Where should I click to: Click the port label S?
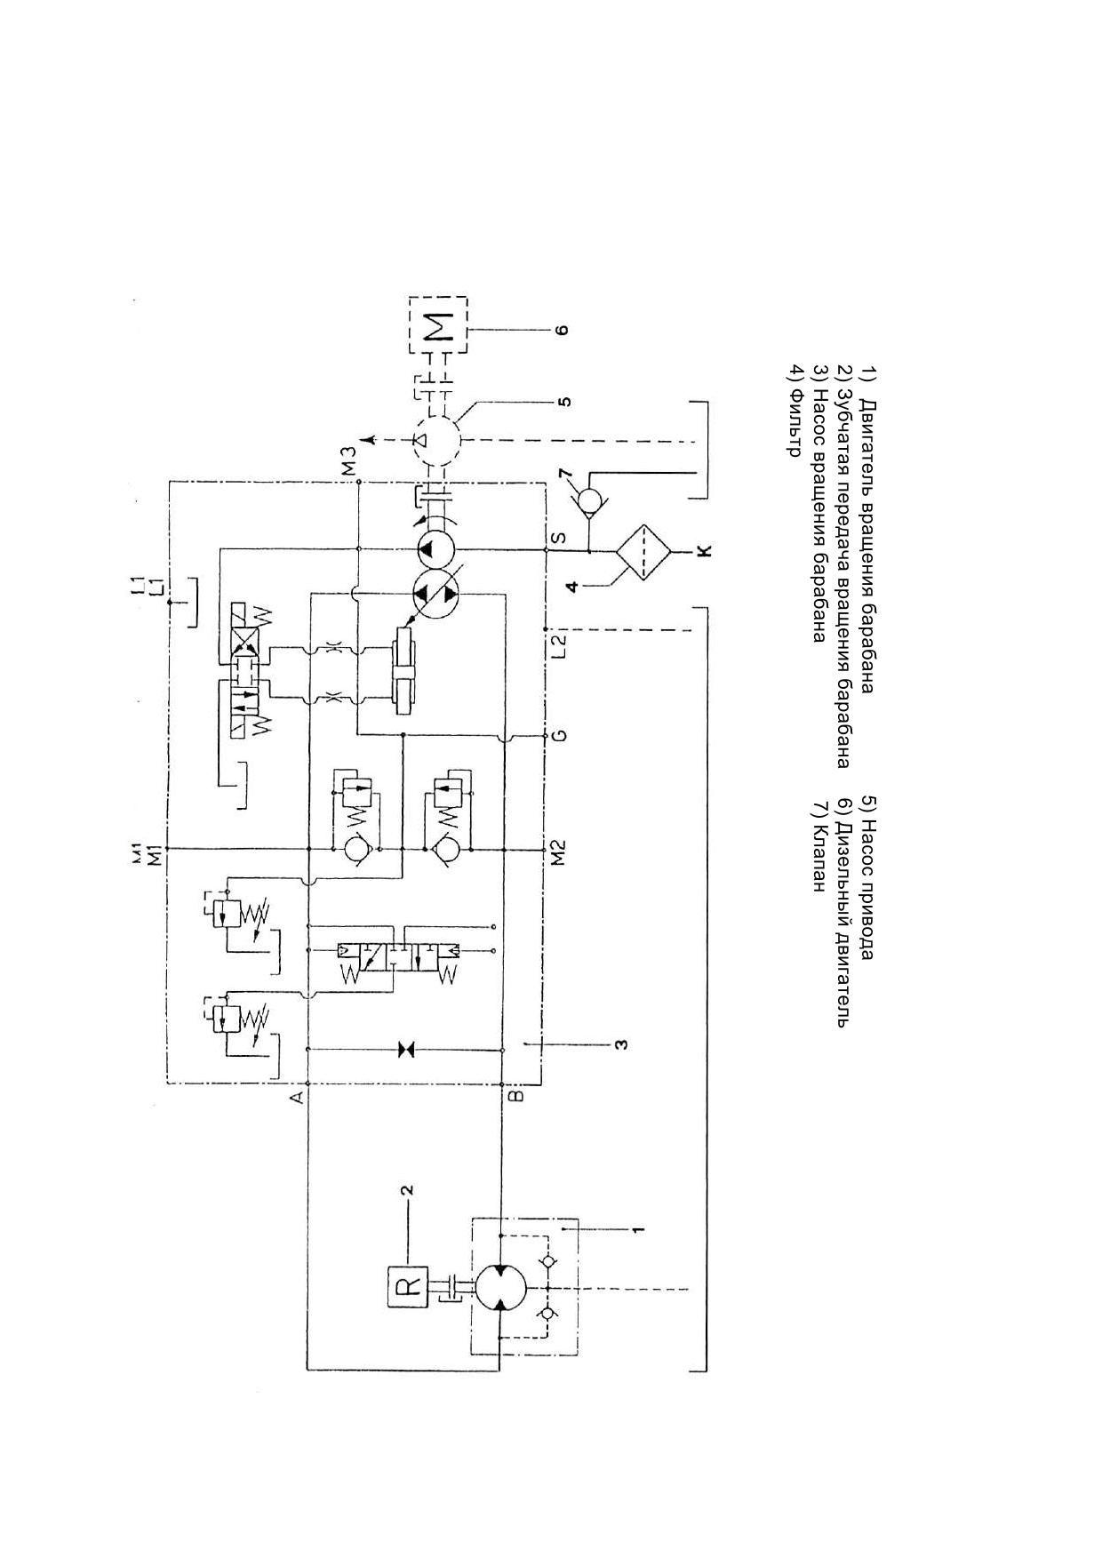tap(558, 539)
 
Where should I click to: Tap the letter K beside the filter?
tap(705, 551)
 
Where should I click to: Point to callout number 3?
tap(622, 1043)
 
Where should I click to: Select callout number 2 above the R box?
tap(406, 1189)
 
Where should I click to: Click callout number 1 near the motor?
tap(638, 1230)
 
